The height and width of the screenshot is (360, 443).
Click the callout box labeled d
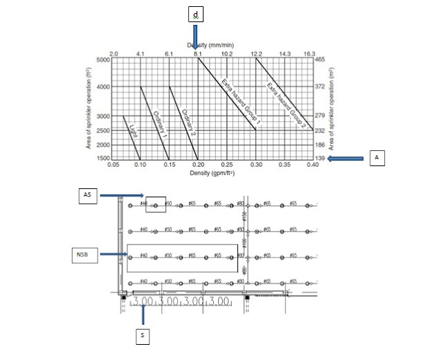pyautogui.click(x=196, y=14)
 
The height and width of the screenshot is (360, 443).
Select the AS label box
pyautogui.click(x=87, y=196)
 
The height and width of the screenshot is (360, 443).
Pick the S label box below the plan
pyautogui.click(x=142, y=336)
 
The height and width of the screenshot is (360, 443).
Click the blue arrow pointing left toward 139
pyautogui.click(x=347, y=159)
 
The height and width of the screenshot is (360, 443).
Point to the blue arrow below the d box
pyautogui.click(x=196, y=36)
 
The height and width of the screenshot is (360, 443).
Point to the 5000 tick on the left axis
pyautogui.click(x=103, y=60)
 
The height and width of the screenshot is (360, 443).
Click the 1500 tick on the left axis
pyautogui.click(x=103, y=159)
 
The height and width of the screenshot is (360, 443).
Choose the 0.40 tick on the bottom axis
pyautogui.click(x=314, y=166)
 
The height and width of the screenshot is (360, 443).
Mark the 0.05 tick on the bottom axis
pyautogui.click(x=114, y=166)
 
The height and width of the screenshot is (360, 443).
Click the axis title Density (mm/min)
pyautogui.click(x=213, y=45)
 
